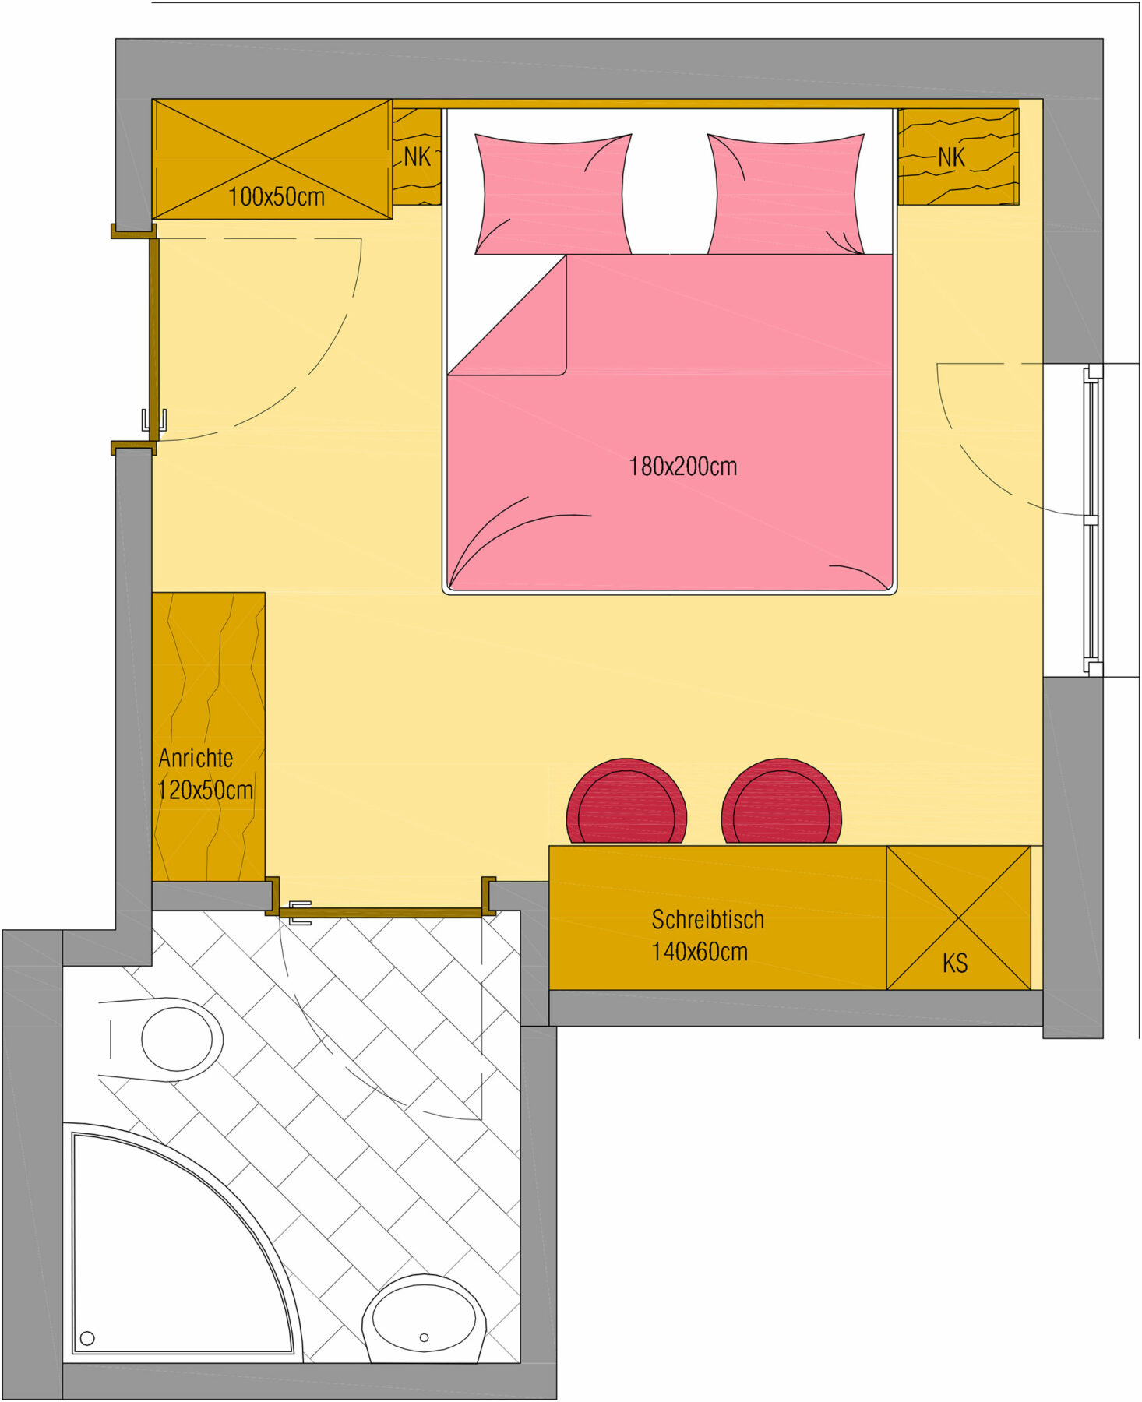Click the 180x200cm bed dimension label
click(682, 467)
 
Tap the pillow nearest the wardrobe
click(553, 194)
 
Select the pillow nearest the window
click(785, 194)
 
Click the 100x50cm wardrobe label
click(277, 196)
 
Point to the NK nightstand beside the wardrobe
click(417, 157)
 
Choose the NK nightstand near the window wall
click(958, 157)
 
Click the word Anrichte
click(196, 758)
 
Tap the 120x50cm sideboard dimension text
click(206, 791)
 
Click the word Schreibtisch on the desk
click(707, 920)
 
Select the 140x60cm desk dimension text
click(700, 952)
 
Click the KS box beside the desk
click(958, 918)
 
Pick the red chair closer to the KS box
click(781, 801)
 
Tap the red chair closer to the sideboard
click(626, 801)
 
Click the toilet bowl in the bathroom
click(178, 1040)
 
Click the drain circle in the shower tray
click(87, 1338)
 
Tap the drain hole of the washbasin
click(424, 1338)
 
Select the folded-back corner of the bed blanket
click(507, 315)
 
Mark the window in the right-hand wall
click(1092, 520)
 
